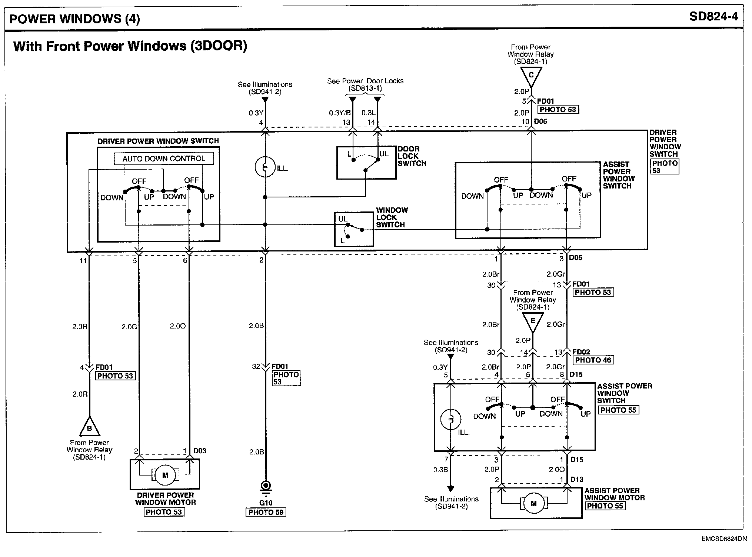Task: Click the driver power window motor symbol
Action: (x=165, y=475)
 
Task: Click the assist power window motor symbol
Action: (x=533, y=503)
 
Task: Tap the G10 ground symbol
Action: (x=266, y=486)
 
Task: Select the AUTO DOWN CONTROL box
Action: (x=164, y=159)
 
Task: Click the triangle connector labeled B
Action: (x=89, y=428)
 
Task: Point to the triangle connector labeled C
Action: (x=531, y=76)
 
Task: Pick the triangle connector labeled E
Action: (x=533, y=321)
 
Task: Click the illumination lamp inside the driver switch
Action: (x=265, y=167)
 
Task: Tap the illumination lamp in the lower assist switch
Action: (x=451, y=419)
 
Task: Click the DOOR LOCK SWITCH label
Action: (x=412, y=156)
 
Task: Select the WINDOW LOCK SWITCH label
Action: (x=392, y=217)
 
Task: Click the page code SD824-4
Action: (x=713, y=17)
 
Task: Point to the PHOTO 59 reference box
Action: (x=266, y=512)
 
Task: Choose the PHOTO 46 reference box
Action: (x=593, y=360)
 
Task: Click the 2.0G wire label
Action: (x=129, y=327)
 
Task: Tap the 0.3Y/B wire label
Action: (x=340, y=113)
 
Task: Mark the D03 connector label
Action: (x=200, y=451)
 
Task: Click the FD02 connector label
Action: (x=581, y=352)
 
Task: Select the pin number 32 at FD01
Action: (x=256, y=367)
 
